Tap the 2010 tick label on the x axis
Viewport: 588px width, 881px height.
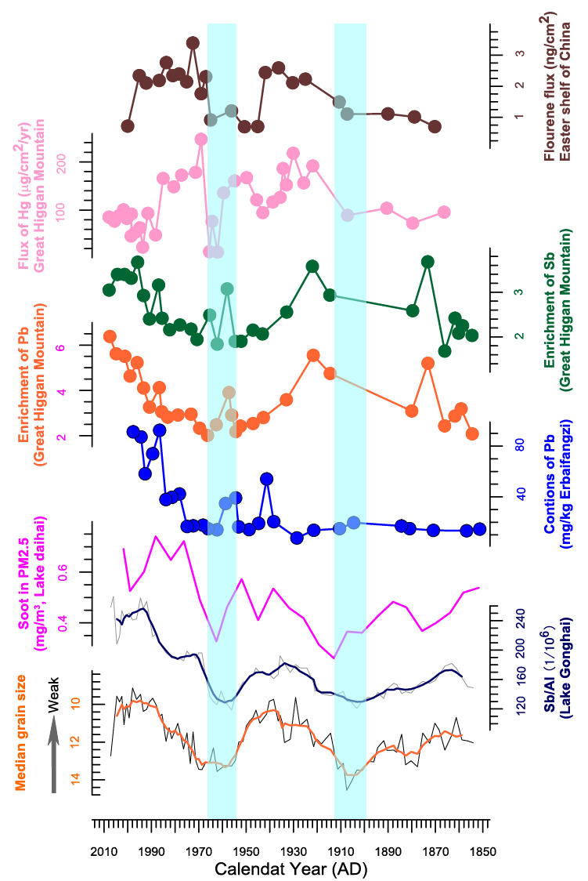pos(104,850)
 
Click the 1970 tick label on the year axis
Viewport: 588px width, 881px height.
pos(199,850)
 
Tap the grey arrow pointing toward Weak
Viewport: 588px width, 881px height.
pos(53,760)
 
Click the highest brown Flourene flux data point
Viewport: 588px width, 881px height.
pos(193,43)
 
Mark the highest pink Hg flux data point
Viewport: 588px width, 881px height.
pos(200,139)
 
